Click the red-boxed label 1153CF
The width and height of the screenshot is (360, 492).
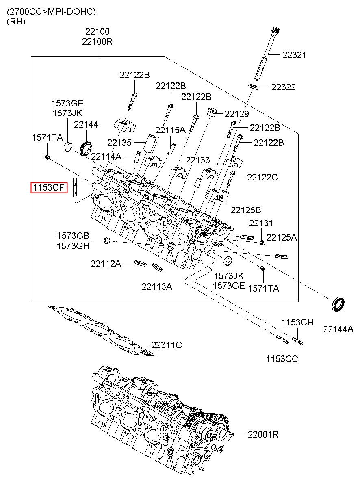point(48,188)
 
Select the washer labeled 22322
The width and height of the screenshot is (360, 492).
point(254,86)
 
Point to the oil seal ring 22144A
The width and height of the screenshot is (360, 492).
point(338,304)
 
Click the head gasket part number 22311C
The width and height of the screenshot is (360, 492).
point(166,345)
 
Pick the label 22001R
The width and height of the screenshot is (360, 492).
point(263,434)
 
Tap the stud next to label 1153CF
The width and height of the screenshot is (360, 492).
point(75,188)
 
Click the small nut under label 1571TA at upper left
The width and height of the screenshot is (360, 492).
point(47,157)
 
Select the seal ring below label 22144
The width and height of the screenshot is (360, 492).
point(86,149)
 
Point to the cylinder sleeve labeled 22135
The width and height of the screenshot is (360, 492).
point(150,143)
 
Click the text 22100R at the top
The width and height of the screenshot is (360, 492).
point(97,41)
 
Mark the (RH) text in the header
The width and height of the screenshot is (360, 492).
point(16,21)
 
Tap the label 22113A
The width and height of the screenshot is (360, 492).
point(157,286)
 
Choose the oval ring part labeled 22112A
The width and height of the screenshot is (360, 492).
point(140,262)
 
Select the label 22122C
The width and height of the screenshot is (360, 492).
point(262,177)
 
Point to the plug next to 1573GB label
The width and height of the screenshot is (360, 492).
point(107,241)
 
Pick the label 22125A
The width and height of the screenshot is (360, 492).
point(282,237)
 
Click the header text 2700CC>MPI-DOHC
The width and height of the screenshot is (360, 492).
point(51,12)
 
